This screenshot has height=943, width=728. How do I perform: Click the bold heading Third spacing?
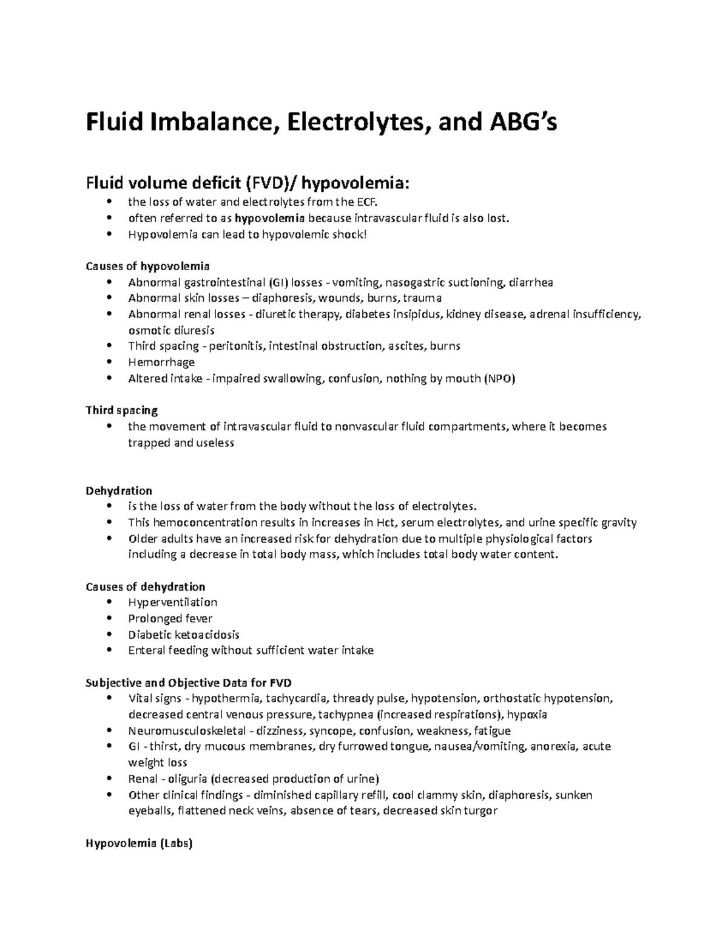click(x=121, y=410)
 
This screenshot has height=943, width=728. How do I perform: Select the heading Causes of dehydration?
click(x=146, y=587)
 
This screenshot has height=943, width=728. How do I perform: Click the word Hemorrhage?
click(x=161, y=363)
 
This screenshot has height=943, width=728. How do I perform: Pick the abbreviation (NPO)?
click(x=499, y=378)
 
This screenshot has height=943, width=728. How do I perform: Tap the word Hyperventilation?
click(x=173, y=602)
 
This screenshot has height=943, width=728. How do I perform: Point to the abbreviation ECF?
click(x=374, y=202)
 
